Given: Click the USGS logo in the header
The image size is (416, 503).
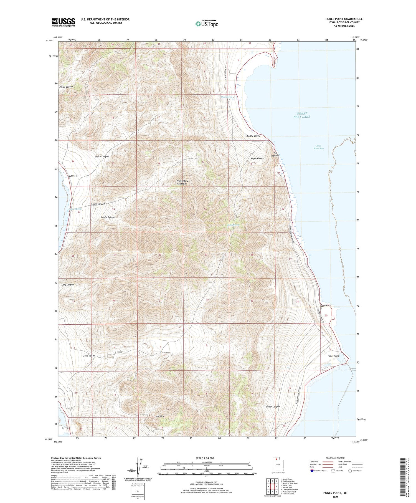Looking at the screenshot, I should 63,22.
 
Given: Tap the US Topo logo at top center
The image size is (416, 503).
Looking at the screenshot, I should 207,24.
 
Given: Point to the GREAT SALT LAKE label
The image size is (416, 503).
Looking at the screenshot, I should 302,115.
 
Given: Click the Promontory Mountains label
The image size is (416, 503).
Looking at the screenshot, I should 182,182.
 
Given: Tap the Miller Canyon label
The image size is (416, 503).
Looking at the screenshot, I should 66,87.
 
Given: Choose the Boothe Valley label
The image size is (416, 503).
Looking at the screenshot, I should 253,136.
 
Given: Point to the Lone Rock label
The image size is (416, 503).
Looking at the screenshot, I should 326,306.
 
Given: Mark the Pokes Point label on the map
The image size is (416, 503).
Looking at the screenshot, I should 333,356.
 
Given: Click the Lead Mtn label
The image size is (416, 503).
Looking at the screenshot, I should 159,416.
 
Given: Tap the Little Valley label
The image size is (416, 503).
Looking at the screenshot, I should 89,356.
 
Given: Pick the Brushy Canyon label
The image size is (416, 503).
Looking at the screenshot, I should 108,217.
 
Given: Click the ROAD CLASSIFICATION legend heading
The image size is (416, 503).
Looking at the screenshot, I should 335,458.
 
